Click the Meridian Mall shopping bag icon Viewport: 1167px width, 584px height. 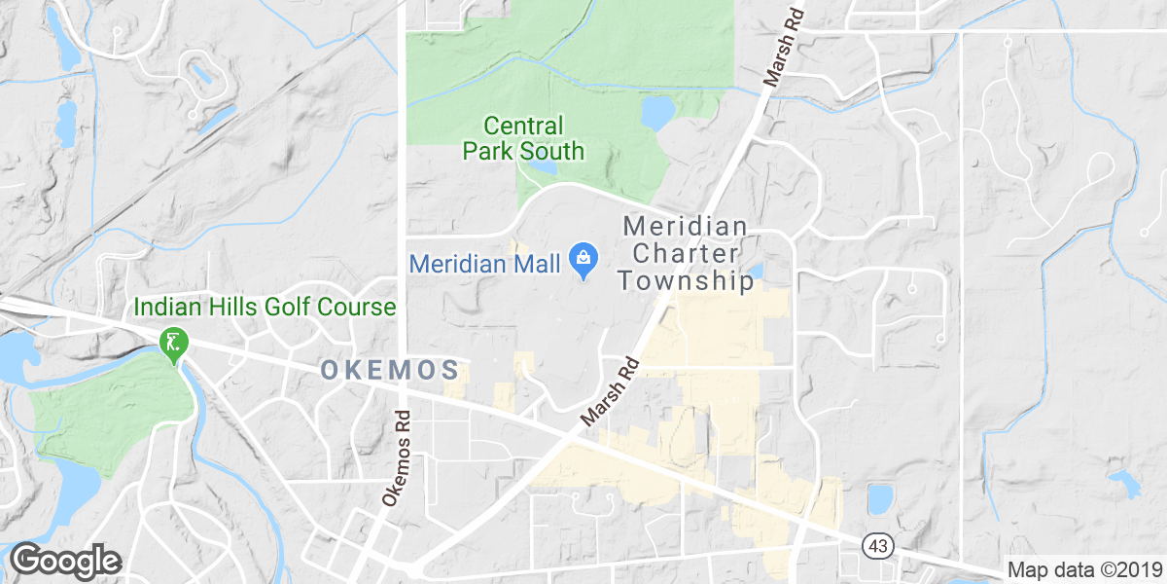[583, 259]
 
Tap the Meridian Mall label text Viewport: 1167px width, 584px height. [484, 263]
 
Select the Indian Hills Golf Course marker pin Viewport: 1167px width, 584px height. [174, 345]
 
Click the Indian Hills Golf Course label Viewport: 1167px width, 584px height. [265, 308]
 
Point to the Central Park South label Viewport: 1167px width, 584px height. [523, 138]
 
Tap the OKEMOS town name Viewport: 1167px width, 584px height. [389, 370]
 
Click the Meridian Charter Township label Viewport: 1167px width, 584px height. [687, 254]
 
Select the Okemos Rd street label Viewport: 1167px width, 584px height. [400, 457]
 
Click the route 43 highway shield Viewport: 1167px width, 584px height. [877, 546]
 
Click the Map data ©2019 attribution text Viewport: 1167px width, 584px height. [1083, 569]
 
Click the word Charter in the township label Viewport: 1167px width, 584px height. [687, 254]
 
